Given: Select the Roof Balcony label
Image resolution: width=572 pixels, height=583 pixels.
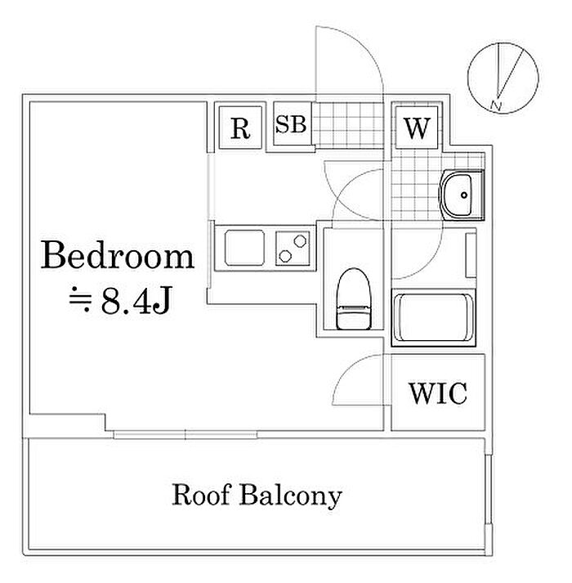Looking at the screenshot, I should tap(256, 495).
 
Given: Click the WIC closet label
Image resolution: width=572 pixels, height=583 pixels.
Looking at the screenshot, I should tap(437, 394).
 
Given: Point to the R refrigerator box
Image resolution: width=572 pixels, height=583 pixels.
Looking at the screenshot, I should tap(239, 128).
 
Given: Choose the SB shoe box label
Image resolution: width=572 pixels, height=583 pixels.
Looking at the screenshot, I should tap(290, 125).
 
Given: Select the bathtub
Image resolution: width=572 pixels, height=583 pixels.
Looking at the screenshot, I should tap(434, 318).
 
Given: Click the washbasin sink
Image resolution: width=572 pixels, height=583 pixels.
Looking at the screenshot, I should tap(462, 195).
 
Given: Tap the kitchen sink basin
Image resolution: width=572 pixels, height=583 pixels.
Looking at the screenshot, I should tap(243, 246).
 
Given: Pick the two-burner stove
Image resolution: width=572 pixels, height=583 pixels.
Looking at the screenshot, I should tap(293, 247).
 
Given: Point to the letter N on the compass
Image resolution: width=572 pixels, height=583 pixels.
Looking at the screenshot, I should tap(495, 105).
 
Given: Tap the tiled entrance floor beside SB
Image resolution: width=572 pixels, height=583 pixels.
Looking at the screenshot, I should tap(347, 125).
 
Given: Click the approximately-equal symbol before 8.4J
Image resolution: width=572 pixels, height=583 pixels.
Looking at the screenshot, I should tap(82, 303).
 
